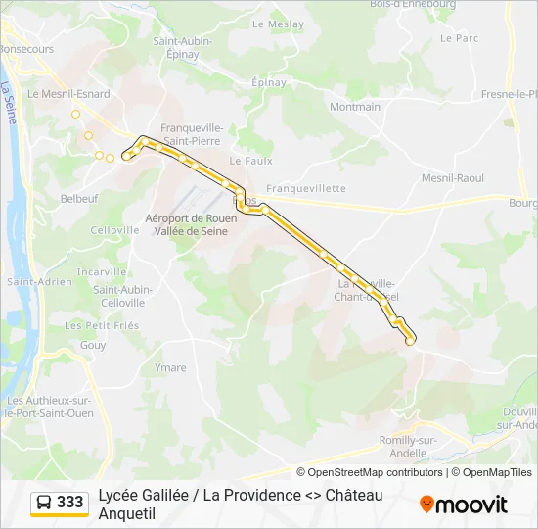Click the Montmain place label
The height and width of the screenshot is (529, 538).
pyautogui.click(x=355, y=107)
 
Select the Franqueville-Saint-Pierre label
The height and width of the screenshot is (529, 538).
pyautogui.click(x=192, y=134)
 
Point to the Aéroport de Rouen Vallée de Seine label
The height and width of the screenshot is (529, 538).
pyautogui.click(x=186, y=224)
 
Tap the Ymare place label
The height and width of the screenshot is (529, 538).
pyautogui.click(x=170, y=368)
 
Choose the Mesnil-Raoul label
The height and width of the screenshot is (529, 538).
pyautogui.click(x=453, y=178)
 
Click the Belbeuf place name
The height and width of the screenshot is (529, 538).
pyautogui.click(x=79, y=198)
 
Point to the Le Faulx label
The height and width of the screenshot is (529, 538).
pyautogui.click(x=250, y=161)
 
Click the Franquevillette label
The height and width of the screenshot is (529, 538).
pyautogui.click(x=306, y=188)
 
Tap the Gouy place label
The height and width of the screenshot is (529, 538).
pyautogui.click(x=93, y=345)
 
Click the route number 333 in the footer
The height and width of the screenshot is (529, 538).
pyautogui.click(x=70, y=503)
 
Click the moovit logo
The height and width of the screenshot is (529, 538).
pyautogui.click(x=464, y=505)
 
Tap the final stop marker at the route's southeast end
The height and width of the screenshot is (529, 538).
pyautogui.click(x=410, y=342)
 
